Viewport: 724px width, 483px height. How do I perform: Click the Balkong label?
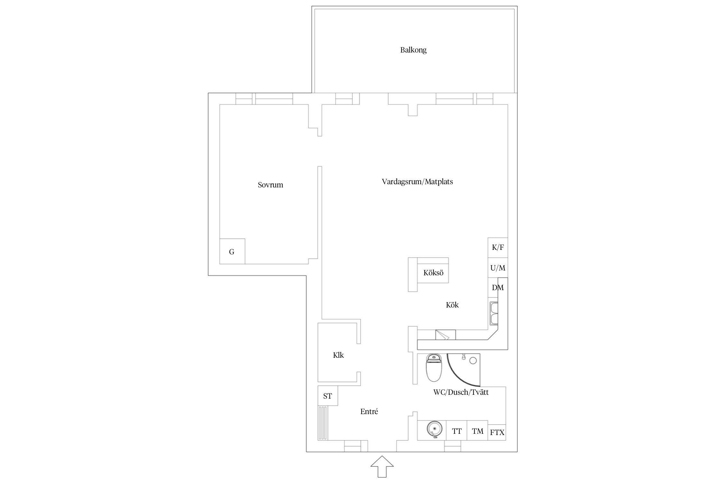click(413, 50)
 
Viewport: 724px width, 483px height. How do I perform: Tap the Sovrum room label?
click(270, 185)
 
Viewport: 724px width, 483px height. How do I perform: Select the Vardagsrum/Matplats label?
click(417, 182)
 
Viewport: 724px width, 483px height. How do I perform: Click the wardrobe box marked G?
click(232, 251)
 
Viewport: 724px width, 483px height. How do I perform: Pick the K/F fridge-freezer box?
click(498, 248)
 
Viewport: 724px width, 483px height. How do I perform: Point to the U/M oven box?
click(498, 268)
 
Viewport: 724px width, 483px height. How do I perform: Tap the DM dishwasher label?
click(498, 288)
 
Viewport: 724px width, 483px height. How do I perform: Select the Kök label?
click(452, 305)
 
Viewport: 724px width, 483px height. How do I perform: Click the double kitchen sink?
click(494, 314)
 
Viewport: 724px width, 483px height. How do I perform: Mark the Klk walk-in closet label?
click(338, 355)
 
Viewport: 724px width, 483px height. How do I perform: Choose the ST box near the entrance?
click(328, 396)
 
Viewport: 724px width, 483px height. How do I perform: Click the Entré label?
click(369, 412)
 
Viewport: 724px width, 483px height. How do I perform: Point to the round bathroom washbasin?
click(434, 430)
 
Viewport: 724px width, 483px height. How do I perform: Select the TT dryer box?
click(457, 431)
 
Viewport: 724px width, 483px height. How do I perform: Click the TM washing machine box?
click(478, 431)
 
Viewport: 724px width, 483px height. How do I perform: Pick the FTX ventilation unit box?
click(497, 432)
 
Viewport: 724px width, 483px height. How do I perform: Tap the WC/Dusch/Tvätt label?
click(461, 392)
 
